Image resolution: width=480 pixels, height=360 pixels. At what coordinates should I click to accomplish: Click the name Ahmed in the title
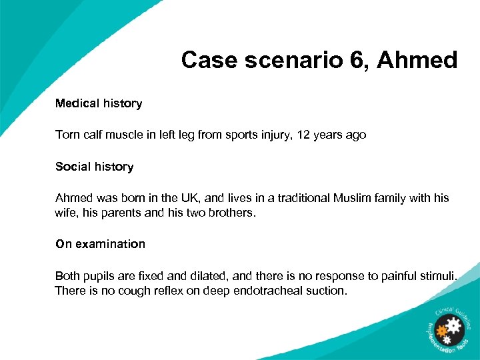(x=417, y=61)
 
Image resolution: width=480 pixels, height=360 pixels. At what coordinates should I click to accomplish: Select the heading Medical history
(x=99, y=103)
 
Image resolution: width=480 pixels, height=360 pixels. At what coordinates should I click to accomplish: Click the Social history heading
(x=94, y=167)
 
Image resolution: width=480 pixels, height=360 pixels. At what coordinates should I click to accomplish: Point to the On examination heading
(x=100, y=244)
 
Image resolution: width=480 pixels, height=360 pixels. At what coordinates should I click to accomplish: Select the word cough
(x=119, y=291)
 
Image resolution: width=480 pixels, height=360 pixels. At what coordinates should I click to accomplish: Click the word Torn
(x=67, y=135)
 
